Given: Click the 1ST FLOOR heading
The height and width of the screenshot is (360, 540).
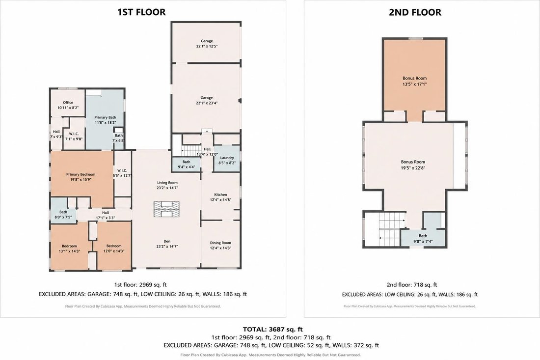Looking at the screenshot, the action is [141, 12].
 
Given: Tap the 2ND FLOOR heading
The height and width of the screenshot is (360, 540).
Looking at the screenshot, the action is [415, 12].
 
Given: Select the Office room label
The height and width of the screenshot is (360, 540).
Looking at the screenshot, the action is [68, 102].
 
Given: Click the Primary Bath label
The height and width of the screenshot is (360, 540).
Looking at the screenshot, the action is [106, 117].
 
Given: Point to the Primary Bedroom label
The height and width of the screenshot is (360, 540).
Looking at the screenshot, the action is [81, 174].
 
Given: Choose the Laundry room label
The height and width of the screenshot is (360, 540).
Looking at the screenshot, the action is [227, 158].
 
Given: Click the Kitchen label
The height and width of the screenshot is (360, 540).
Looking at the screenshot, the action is [221, 194].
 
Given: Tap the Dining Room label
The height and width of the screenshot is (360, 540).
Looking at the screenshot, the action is [221, 243].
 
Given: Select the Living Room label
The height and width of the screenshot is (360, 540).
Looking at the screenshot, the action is [167, 183].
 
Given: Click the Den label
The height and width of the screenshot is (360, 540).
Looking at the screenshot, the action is [167, 241].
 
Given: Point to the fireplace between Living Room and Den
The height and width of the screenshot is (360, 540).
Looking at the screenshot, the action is [167, 209].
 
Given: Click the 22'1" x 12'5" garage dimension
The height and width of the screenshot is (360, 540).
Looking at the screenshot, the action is [207, 46].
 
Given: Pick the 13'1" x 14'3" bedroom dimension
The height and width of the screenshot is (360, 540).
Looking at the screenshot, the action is [69, 251].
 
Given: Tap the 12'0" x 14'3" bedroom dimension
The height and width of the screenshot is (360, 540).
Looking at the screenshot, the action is [114, 251].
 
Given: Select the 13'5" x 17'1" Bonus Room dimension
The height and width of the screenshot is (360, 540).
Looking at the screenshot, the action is [415, 83].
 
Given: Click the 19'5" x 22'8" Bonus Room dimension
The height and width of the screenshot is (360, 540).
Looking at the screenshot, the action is [413, 168].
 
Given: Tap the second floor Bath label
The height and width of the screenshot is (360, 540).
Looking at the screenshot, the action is [423, 236].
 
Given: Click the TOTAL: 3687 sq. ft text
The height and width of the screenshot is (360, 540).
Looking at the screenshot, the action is [273, 330].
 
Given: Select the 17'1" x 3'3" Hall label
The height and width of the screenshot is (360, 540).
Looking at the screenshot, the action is [106, 218].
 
